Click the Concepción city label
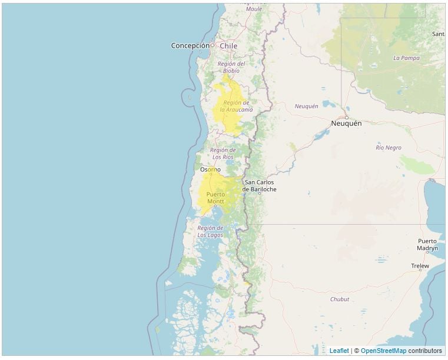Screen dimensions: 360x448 click(190, 45)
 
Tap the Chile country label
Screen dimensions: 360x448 click(228, 45)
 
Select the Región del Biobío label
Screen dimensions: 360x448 click(231, 67)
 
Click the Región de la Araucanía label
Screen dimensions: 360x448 click(236, 106)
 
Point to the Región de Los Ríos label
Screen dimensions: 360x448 click(223, 154)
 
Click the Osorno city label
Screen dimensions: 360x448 click(210, 169)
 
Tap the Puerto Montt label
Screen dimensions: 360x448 click(215, 198)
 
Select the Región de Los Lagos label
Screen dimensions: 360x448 click(210, 231)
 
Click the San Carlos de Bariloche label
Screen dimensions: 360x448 click(259, 186)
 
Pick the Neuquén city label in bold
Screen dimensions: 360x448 click(346, 124)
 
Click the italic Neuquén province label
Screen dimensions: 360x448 click(306, 106)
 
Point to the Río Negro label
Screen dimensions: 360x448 click(389, 148)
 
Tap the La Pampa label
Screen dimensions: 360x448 click(406, 58)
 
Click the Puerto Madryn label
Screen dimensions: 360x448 click(427, 245)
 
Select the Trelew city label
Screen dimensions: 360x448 click(420, 266)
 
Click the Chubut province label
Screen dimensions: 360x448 click(340, 299)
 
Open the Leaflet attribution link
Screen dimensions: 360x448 click(339, 351)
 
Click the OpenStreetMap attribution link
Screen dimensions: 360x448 click(383, 351)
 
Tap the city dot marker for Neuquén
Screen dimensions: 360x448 click(347, 117)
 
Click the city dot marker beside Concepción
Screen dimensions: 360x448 click(213, 45)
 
